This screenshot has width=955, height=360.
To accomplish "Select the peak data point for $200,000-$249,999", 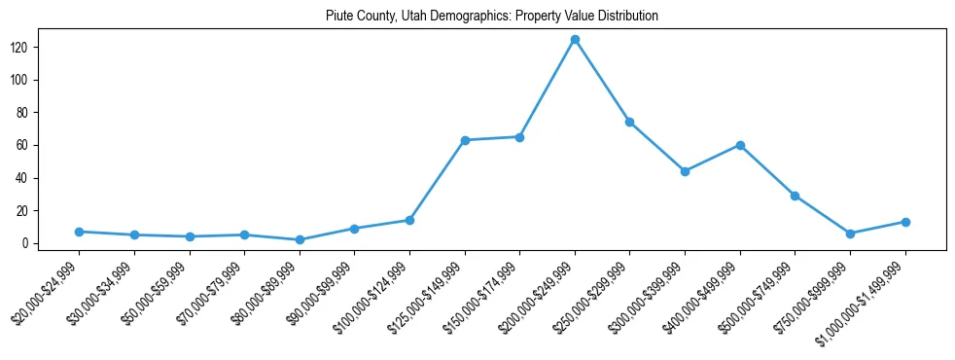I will tap(575, 39).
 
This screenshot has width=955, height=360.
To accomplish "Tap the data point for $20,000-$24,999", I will tap(79, 232).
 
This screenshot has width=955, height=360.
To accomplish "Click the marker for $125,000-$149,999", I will tap(465, 140).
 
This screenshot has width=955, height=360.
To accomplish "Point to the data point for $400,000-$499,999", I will tap(740, 145).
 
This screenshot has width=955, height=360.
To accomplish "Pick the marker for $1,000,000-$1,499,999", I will tap(905, 222).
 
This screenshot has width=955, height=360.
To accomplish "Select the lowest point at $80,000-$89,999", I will tap(300, 239).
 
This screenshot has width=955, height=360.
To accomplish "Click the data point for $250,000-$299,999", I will tap(630, 122).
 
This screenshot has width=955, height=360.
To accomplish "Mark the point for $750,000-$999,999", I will tap(851, 234).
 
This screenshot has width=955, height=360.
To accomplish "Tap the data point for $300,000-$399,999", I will tap(686, 171).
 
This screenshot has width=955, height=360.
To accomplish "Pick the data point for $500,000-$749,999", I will tap(796, 196).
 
